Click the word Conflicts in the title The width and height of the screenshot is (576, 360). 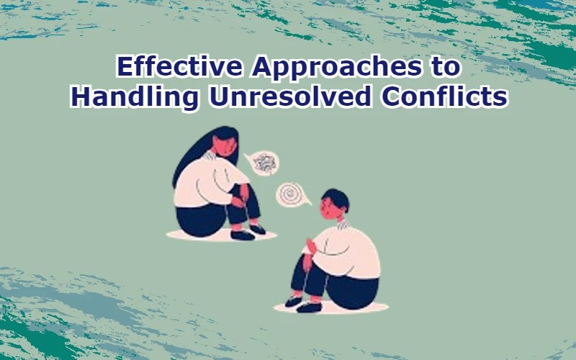450,96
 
